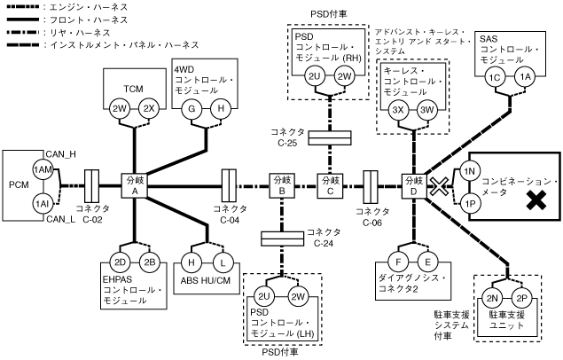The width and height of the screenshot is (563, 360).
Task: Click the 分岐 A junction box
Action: (x=135, y=186)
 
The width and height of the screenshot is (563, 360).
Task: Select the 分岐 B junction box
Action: (x=280, y=186)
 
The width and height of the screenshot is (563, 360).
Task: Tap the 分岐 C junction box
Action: (x=329, y=186)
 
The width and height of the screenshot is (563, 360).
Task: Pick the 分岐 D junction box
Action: (x=413, y=186)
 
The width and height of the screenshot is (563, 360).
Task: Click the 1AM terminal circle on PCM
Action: (x=41, y=170)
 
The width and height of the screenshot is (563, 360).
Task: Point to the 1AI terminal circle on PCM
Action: (x=41, y=203)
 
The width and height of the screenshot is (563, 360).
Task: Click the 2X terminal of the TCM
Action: (x=150, y=108)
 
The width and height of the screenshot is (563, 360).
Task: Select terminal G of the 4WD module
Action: (x=189, y=108)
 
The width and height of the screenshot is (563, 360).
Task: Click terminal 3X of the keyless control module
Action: (x=398, y=109)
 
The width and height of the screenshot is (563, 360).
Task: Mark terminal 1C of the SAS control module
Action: (x=495, y=76)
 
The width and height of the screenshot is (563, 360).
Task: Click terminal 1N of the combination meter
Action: (x=470, y=170)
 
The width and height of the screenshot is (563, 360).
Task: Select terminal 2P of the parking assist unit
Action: (x=521, y=296)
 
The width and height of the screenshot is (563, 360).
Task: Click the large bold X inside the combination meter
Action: (x=535, y=203)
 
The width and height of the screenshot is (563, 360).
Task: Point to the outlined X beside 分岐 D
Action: (x=438, y=185)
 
